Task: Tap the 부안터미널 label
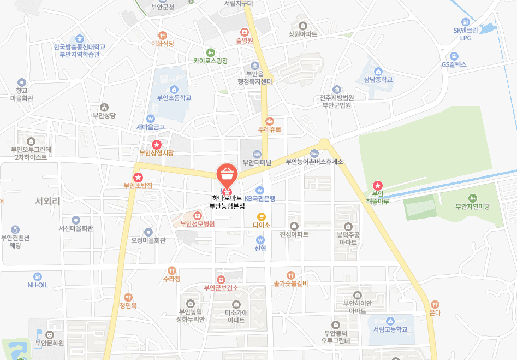(257, 162)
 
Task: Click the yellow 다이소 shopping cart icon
(261, 216)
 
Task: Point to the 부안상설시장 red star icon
(157, 145)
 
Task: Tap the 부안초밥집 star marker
(138, 177)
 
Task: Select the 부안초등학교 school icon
(174, 90)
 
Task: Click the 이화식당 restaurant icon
(162, 36)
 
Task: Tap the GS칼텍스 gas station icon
(454, 56)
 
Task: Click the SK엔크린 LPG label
(465, 34)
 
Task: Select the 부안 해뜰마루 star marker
(377, 186)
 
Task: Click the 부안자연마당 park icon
(473, 198)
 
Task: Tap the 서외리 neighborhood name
(47, 201)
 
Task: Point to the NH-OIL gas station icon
(38, 276)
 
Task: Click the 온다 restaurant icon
(435, 304)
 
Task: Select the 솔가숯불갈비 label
(291, 284)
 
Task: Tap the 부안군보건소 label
(221, 287)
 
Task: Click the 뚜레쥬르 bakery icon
(269, 121)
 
